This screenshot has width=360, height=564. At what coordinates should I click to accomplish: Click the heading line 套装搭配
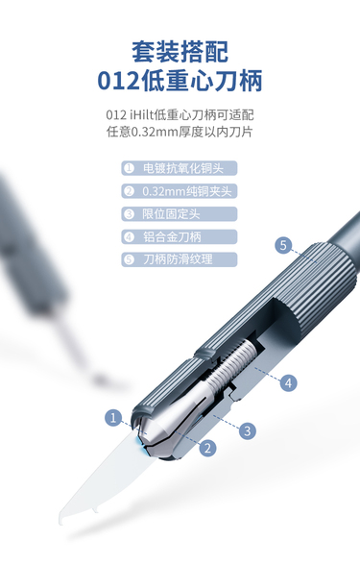[x=180, y=52]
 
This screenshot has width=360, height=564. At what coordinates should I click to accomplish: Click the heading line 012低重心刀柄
[x=180, y=81]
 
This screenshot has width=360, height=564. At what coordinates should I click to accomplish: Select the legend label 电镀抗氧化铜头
[x=183, y=168]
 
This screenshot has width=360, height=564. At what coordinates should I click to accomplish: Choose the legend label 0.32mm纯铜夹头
[x=187, y=191]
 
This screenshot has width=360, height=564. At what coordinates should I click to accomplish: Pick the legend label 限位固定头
[x=171, y=214]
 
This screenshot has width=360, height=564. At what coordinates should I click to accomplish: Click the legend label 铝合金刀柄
[x=172, y=236]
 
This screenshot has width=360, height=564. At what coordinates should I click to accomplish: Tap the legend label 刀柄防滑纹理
[x=178, y=259]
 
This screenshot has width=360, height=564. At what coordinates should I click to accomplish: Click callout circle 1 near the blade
[x=113, y=418]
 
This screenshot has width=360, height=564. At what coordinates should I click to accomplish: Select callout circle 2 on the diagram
[x=207, y=448]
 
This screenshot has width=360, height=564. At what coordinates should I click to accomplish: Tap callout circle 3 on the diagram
[x=247, y=430]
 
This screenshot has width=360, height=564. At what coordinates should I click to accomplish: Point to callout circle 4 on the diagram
[x=288, y=382]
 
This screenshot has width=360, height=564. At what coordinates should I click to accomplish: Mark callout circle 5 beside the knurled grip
[x=283, y=245]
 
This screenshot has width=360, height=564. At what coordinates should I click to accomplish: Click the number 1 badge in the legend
[x=129, y=168]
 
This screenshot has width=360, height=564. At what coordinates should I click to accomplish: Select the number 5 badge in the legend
[x=129, y=259]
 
